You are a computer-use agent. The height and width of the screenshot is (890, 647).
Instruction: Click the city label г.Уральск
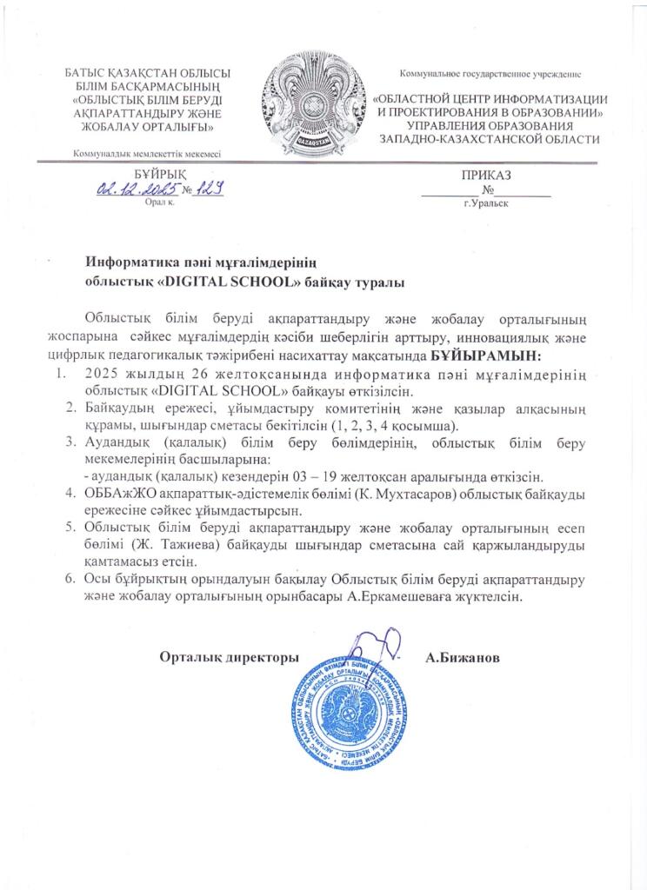point(486,203)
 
